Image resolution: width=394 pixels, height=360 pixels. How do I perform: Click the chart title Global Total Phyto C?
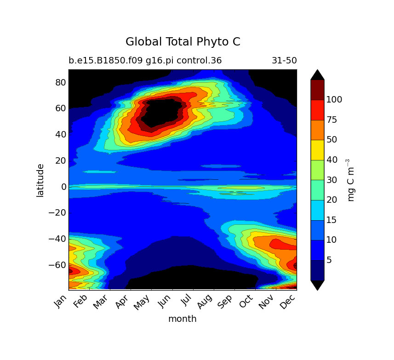coord(183,42)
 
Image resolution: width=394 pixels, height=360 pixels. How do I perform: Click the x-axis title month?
coord(182,319)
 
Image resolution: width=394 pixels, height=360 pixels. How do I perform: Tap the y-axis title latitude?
coord(40,180)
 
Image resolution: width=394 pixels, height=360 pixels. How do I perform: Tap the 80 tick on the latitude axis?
coord(61,82)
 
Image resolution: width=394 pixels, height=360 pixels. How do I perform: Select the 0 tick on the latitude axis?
coord(64,187)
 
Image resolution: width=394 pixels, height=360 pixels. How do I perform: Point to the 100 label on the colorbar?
coord(334,99)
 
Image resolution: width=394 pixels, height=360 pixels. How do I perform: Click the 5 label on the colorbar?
coord(329,260)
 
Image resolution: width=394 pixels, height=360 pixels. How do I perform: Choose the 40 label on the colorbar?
coord(332,160)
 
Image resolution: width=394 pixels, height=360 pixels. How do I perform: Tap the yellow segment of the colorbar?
coord(317,150)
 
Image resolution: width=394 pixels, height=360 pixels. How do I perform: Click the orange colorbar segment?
coord(317,130)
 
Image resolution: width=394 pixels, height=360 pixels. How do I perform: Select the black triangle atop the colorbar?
coord(317,75)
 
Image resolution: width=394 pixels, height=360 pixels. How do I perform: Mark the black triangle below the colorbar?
coord(317,285)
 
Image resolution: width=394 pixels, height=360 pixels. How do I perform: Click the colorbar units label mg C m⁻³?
coord(351,180)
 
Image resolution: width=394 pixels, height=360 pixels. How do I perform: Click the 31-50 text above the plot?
coord(284,61)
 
